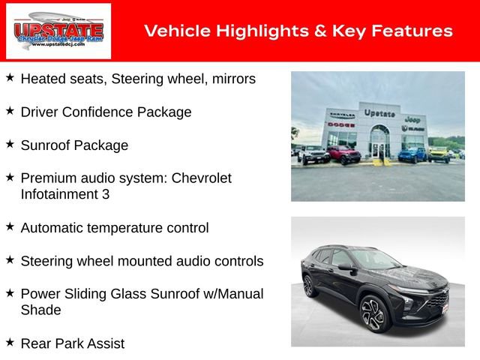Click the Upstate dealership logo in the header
58,31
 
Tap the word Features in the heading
414,31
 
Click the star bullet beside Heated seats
10,77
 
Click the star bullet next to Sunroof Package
10,143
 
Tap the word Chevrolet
202,178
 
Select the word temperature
122,227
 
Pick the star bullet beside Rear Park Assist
10,342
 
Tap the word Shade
41,310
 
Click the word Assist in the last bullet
103,343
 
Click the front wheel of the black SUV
373,314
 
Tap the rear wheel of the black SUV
308,286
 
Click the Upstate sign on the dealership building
379,113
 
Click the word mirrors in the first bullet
230,78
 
